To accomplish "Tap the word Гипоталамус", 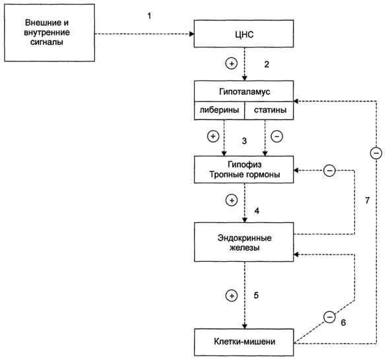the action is pos(244,92).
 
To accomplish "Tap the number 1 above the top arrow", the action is pos(149,16).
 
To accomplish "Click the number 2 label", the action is pos(267,65).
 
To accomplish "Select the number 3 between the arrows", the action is pos(244,141).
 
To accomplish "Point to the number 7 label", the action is pos(368,200).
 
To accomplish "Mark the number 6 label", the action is pos(343,322).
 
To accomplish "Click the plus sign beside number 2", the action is pos(232,63).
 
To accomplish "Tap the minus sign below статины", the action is pos(276,136).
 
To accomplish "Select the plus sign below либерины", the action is pos(213,136).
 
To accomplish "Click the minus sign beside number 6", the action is pos(329,316).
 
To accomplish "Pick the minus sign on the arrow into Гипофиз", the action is pos(329,171).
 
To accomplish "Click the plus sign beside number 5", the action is pos(232,295).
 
